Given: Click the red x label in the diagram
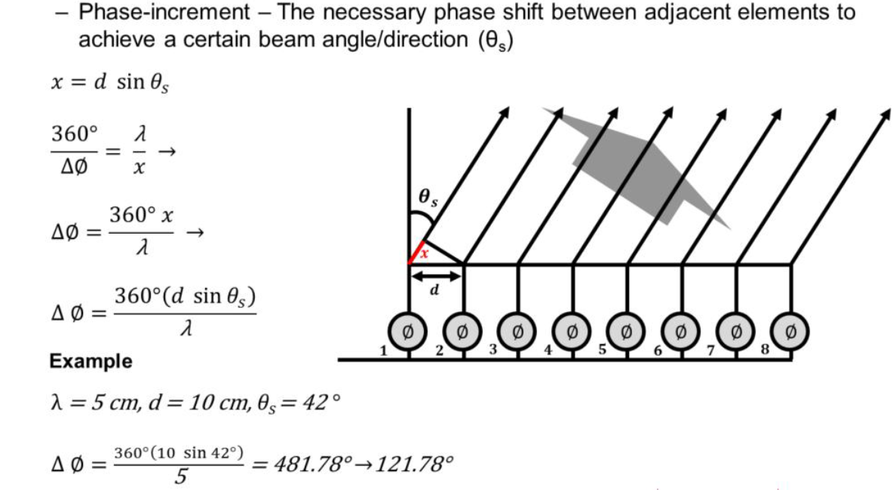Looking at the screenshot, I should point(424,253).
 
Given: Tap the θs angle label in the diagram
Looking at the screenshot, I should point(428,198).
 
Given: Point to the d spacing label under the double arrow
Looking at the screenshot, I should point(435,289).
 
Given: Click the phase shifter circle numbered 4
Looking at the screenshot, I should point(572,329).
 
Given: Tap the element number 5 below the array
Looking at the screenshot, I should point(601,350).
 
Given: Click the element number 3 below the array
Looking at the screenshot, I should point(492,350).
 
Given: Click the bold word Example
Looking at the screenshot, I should point(91,362).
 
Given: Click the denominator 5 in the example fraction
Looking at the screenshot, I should point(179,475).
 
